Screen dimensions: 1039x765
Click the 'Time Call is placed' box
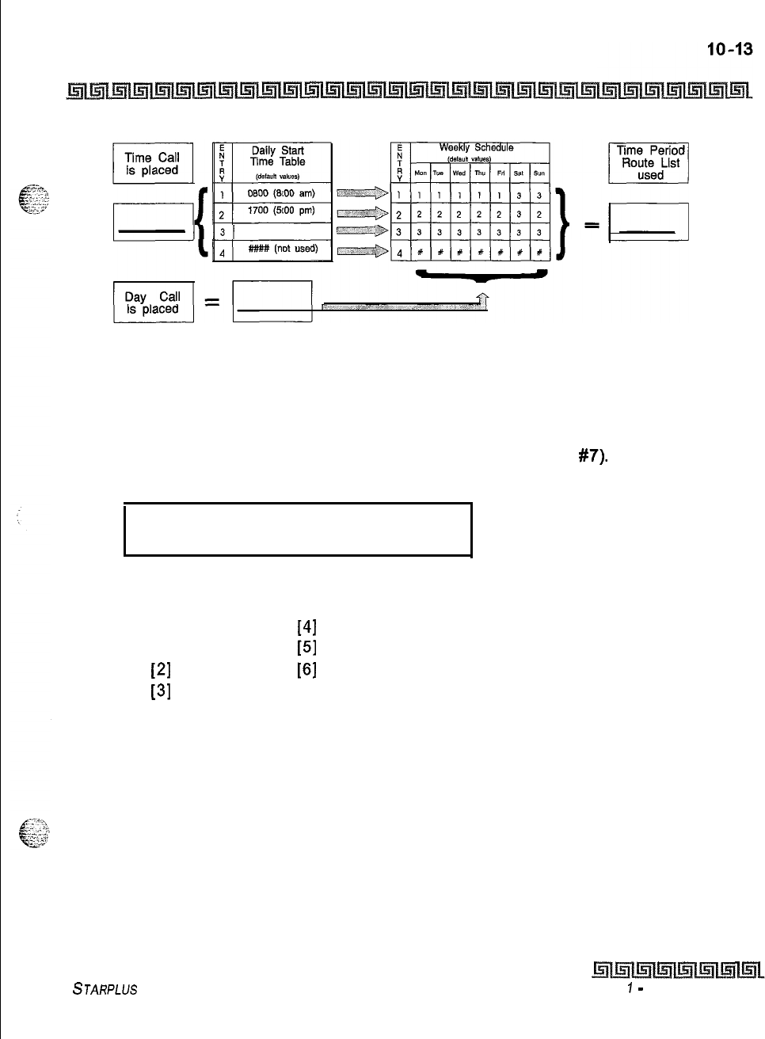(153, 163)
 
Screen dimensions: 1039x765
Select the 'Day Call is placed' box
(153, 303)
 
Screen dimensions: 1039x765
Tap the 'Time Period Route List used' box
(649, 162)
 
